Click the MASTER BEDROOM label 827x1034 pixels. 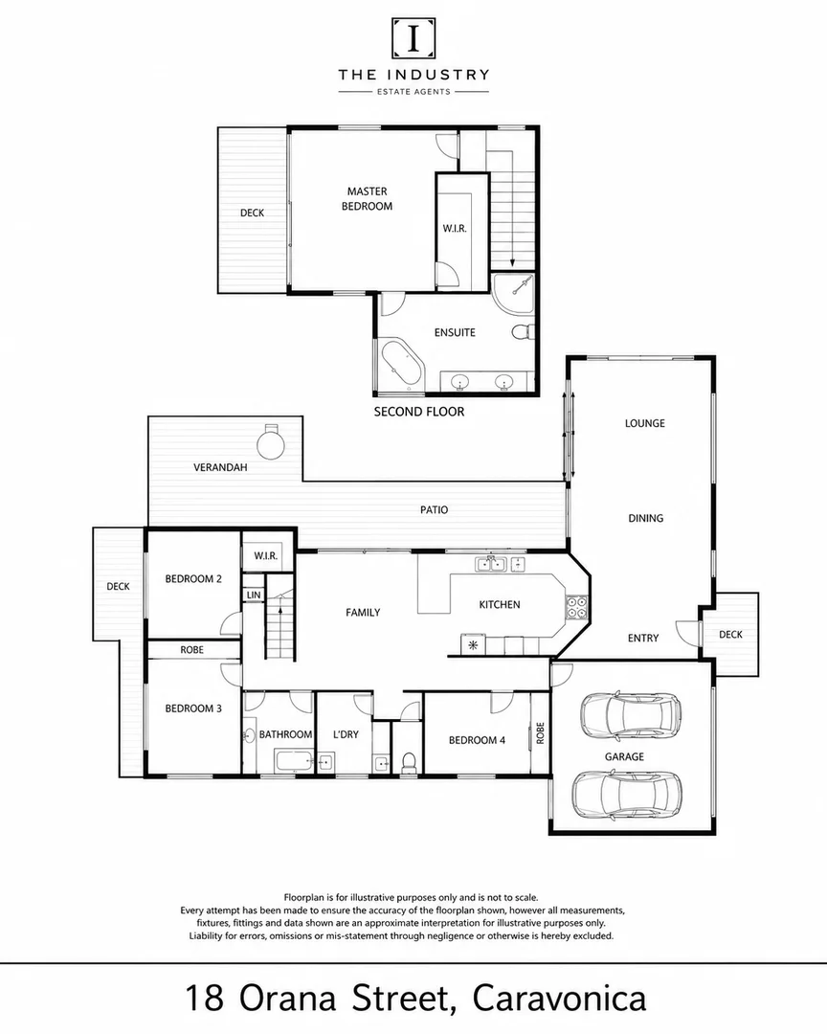tap(367, 198)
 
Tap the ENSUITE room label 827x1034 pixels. tap(455, 332)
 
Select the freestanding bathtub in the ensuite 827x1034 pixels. tap(401, 363)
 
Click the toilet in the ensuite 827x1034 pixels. tap(523, 331)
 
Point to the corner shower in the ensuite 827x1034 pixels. tap(514, 294)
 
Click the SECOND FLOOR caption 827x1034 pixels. tap(419, 412)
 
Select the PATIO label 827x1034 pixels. tap(434, 509)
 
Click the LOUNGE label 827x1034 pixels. tap(645, 423)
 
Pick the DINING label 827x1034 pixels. tap(646, 518)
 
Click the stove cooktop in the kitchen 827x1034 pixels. tap(575, 607)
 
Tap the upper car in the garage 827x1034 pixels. tap(630, 716)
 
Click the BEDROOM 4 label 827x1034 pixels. tap(477, 740)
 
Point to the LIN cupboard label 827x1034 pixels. tap(254, 595)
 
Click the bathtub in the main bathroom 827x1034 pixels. tap(295, 761)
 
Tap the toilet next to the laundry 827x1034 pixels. tap(409, 762)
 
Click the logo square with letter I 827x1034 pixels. tap(413, 38)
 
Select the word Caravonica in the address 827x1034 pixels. tap(559, 998)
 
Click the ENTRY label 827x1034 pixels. tap(643, 638)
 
